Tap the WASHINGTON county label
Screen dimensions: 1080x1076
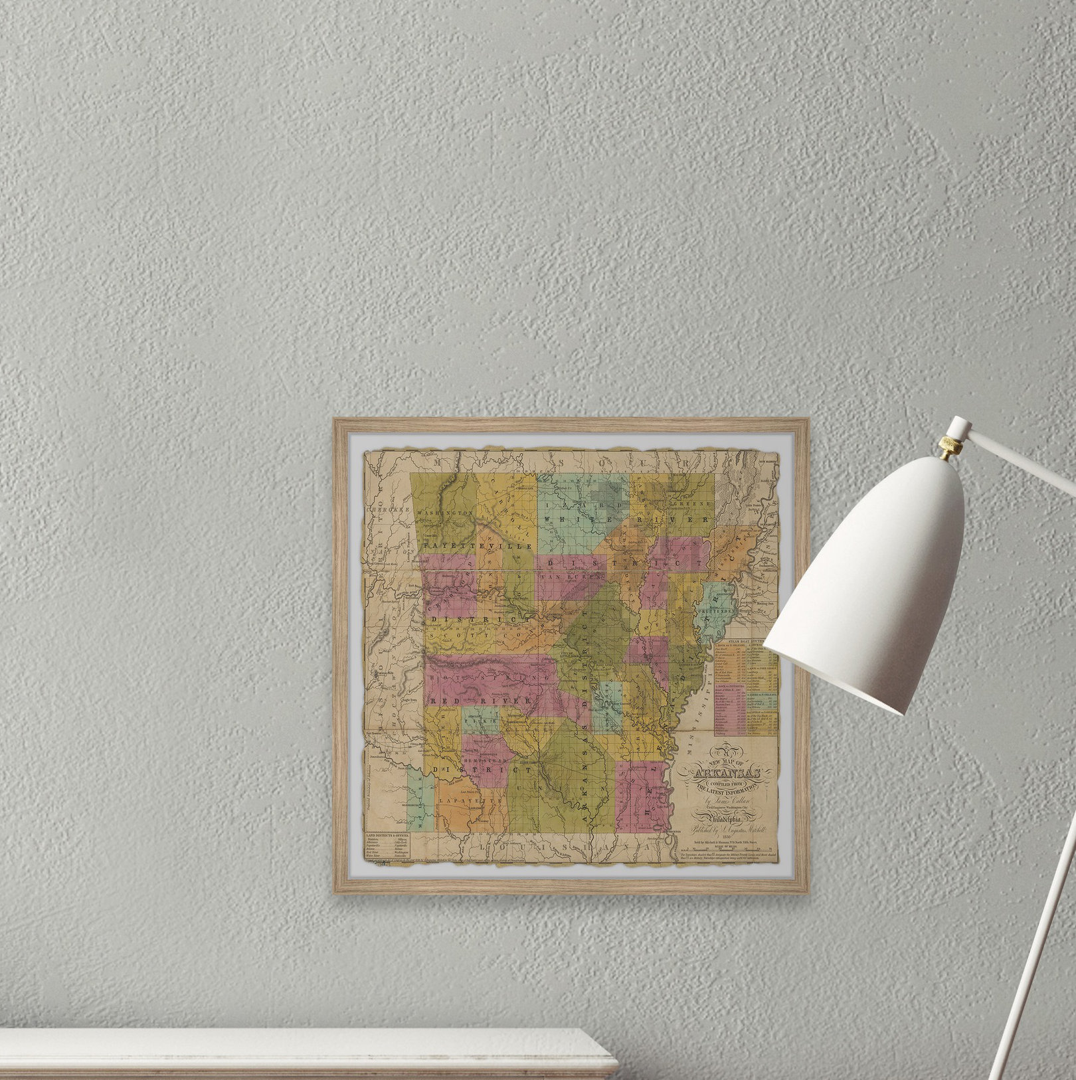(x=445, y=514)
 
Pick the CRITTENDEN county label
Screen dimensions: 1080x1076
(x=717, y=610)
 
